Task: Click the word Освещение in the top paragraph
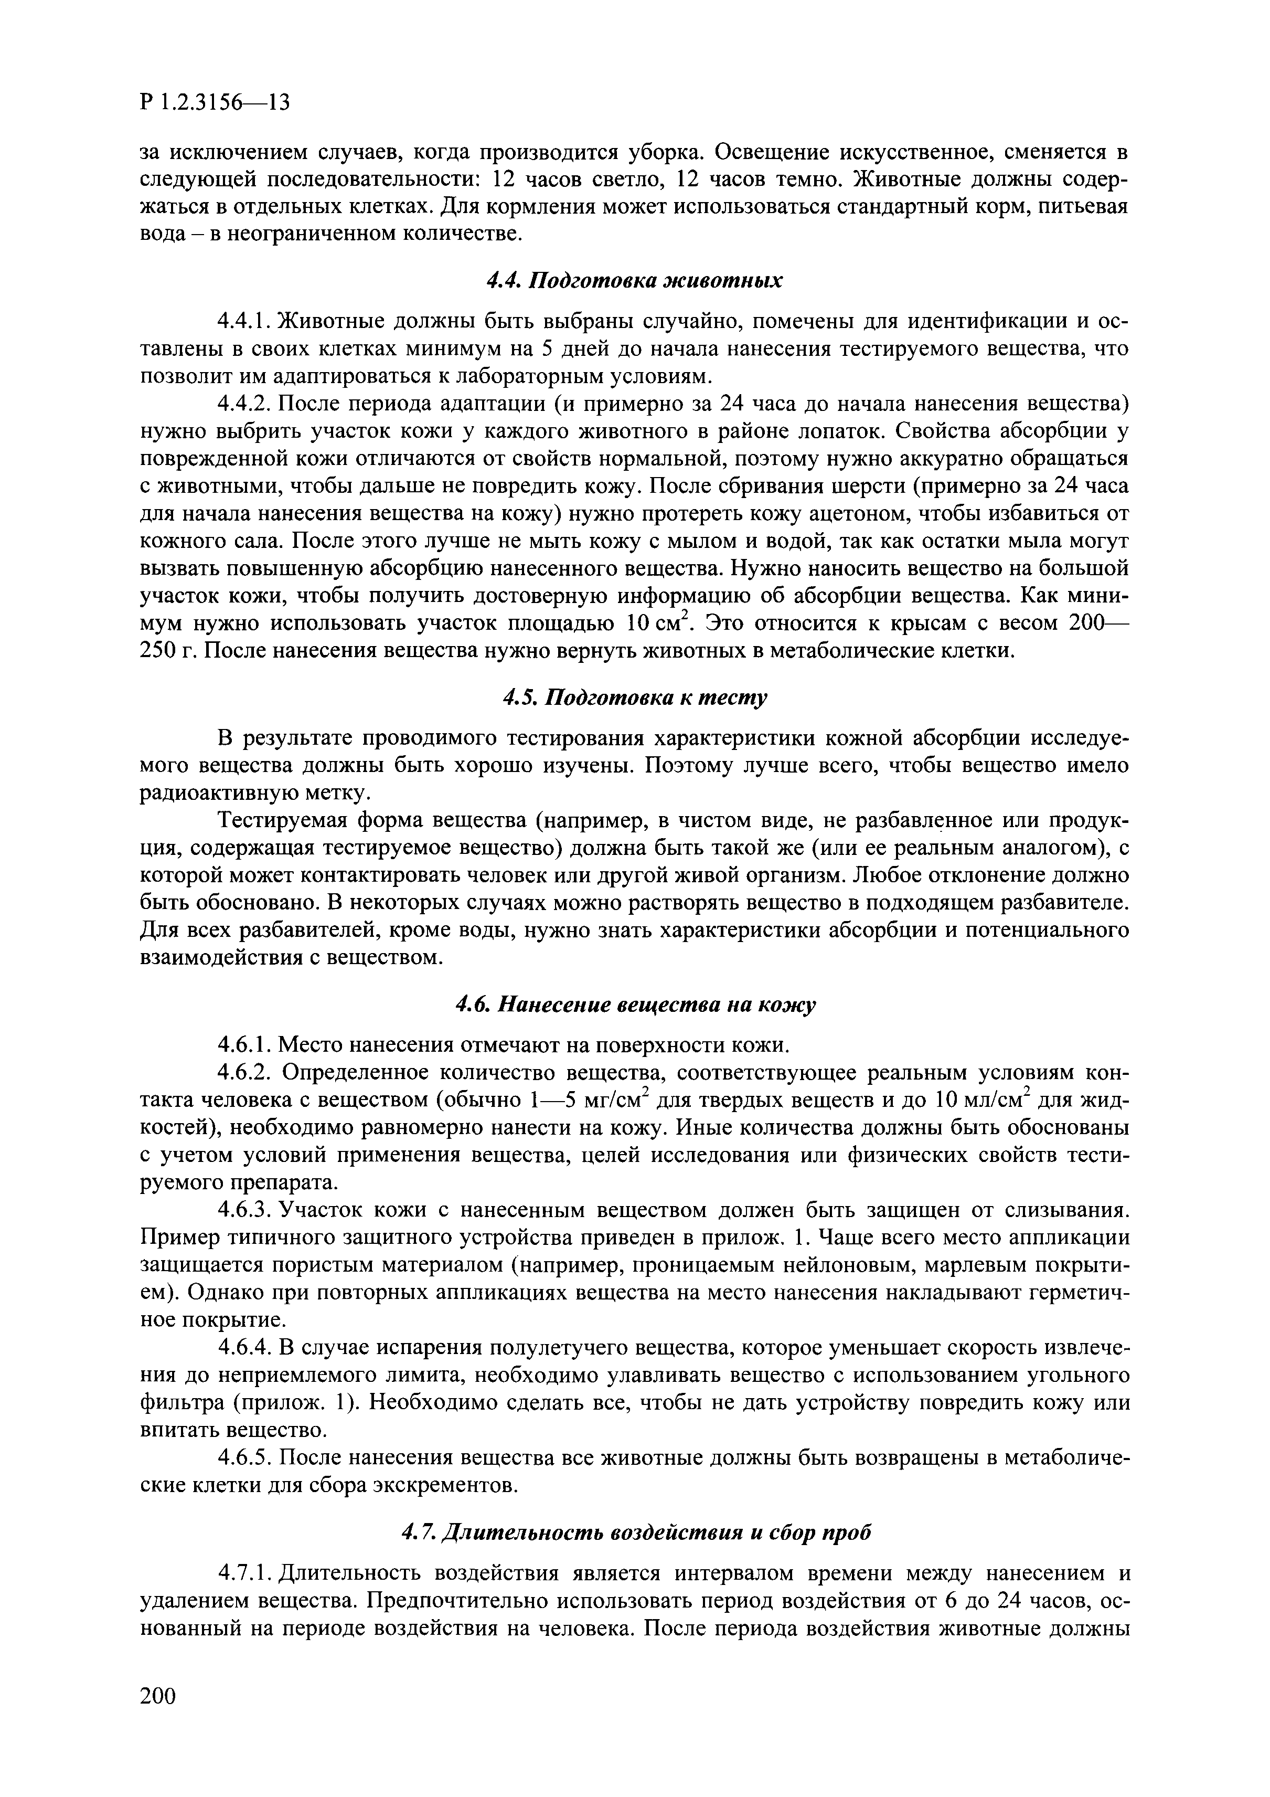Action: (786, 151)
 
